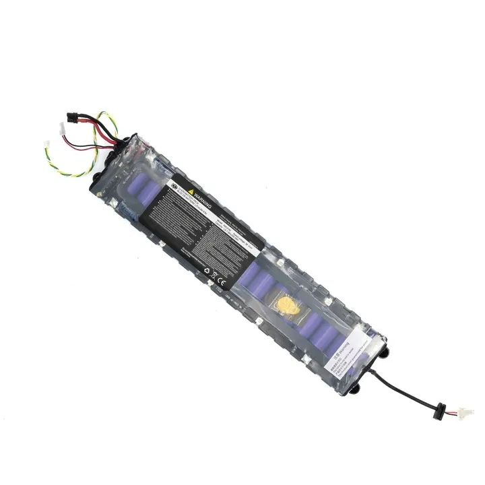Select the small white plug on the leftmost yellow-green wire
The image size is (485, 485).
coord(46,144)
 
